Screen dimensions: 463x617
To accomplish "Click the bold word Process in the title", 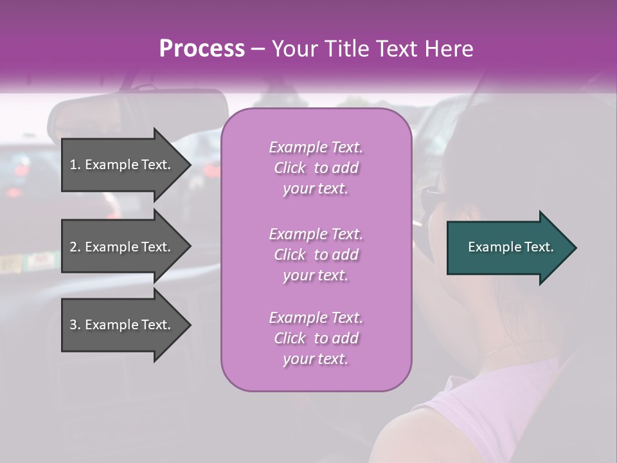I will (x=202, y=49).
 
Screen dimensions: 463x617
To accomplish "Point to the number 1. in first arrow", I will (x=75, y=165).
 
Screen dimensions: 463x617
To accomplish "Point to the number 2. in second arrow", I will (x=75, y=247).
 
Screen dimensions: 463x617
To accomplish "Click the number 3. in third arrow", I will (x=75, y=325).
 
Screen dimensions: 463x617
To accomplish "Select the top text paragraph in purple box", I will (x=316, y=168).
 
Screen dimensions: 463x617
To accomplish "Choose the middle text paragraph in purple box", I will (x=316, y=255).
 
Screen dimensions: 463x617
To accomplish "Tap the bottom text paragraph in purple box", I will (x=316, y=338).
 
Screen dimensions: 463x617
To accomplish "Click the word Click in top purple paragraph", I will (x=290, y=168).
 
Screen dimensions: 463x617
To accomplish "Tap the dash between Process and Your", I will (x=258, y=49).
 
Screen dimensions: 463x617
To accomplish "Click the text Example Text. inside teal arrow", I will (x=511, y=248).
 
